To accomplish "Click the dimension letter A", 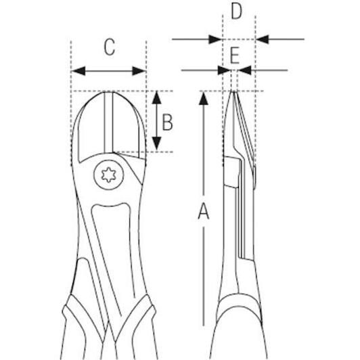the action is pos(204,211).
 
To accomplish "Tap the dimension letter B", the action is pos(167,122).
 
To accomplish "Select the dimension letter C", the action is pos(110,47).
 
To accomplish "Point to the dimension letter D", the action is pos(236,12).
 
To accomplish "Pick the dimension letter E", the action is pos(235,55).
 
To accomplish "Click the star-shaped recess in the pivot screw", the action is pos(108,175).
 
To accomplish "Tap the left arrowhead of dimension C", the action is pos(78,71).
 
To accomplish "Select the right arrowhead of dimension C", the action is pos(139,71).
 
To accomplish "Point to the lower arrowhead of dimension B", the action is pos(157,143).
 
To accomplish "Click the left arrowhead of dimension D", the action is pos(215,39).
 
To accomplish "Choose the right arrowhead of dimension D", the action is pos(262,39).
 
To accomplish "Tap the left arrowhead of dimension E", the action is pos(224,70).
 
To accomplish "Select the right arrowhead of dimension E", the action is pos(244,70).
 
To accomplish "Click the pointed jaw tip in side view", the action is pos(233,91).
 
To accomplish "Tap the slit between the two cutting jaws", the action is pos(108,122).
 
